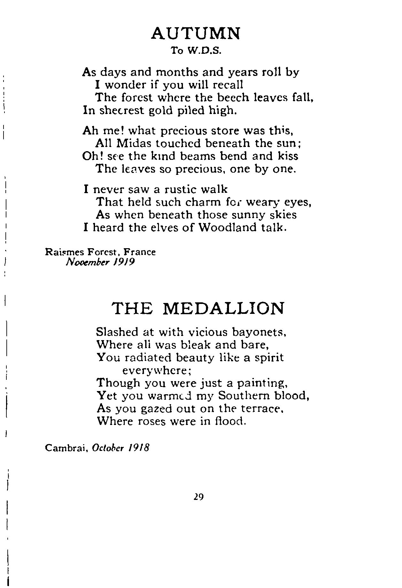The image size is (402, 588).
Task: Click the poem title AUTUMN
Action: click(x=195, y=33)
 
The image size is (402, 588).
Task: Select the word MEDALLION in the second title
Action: click(x=224, y=308)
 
